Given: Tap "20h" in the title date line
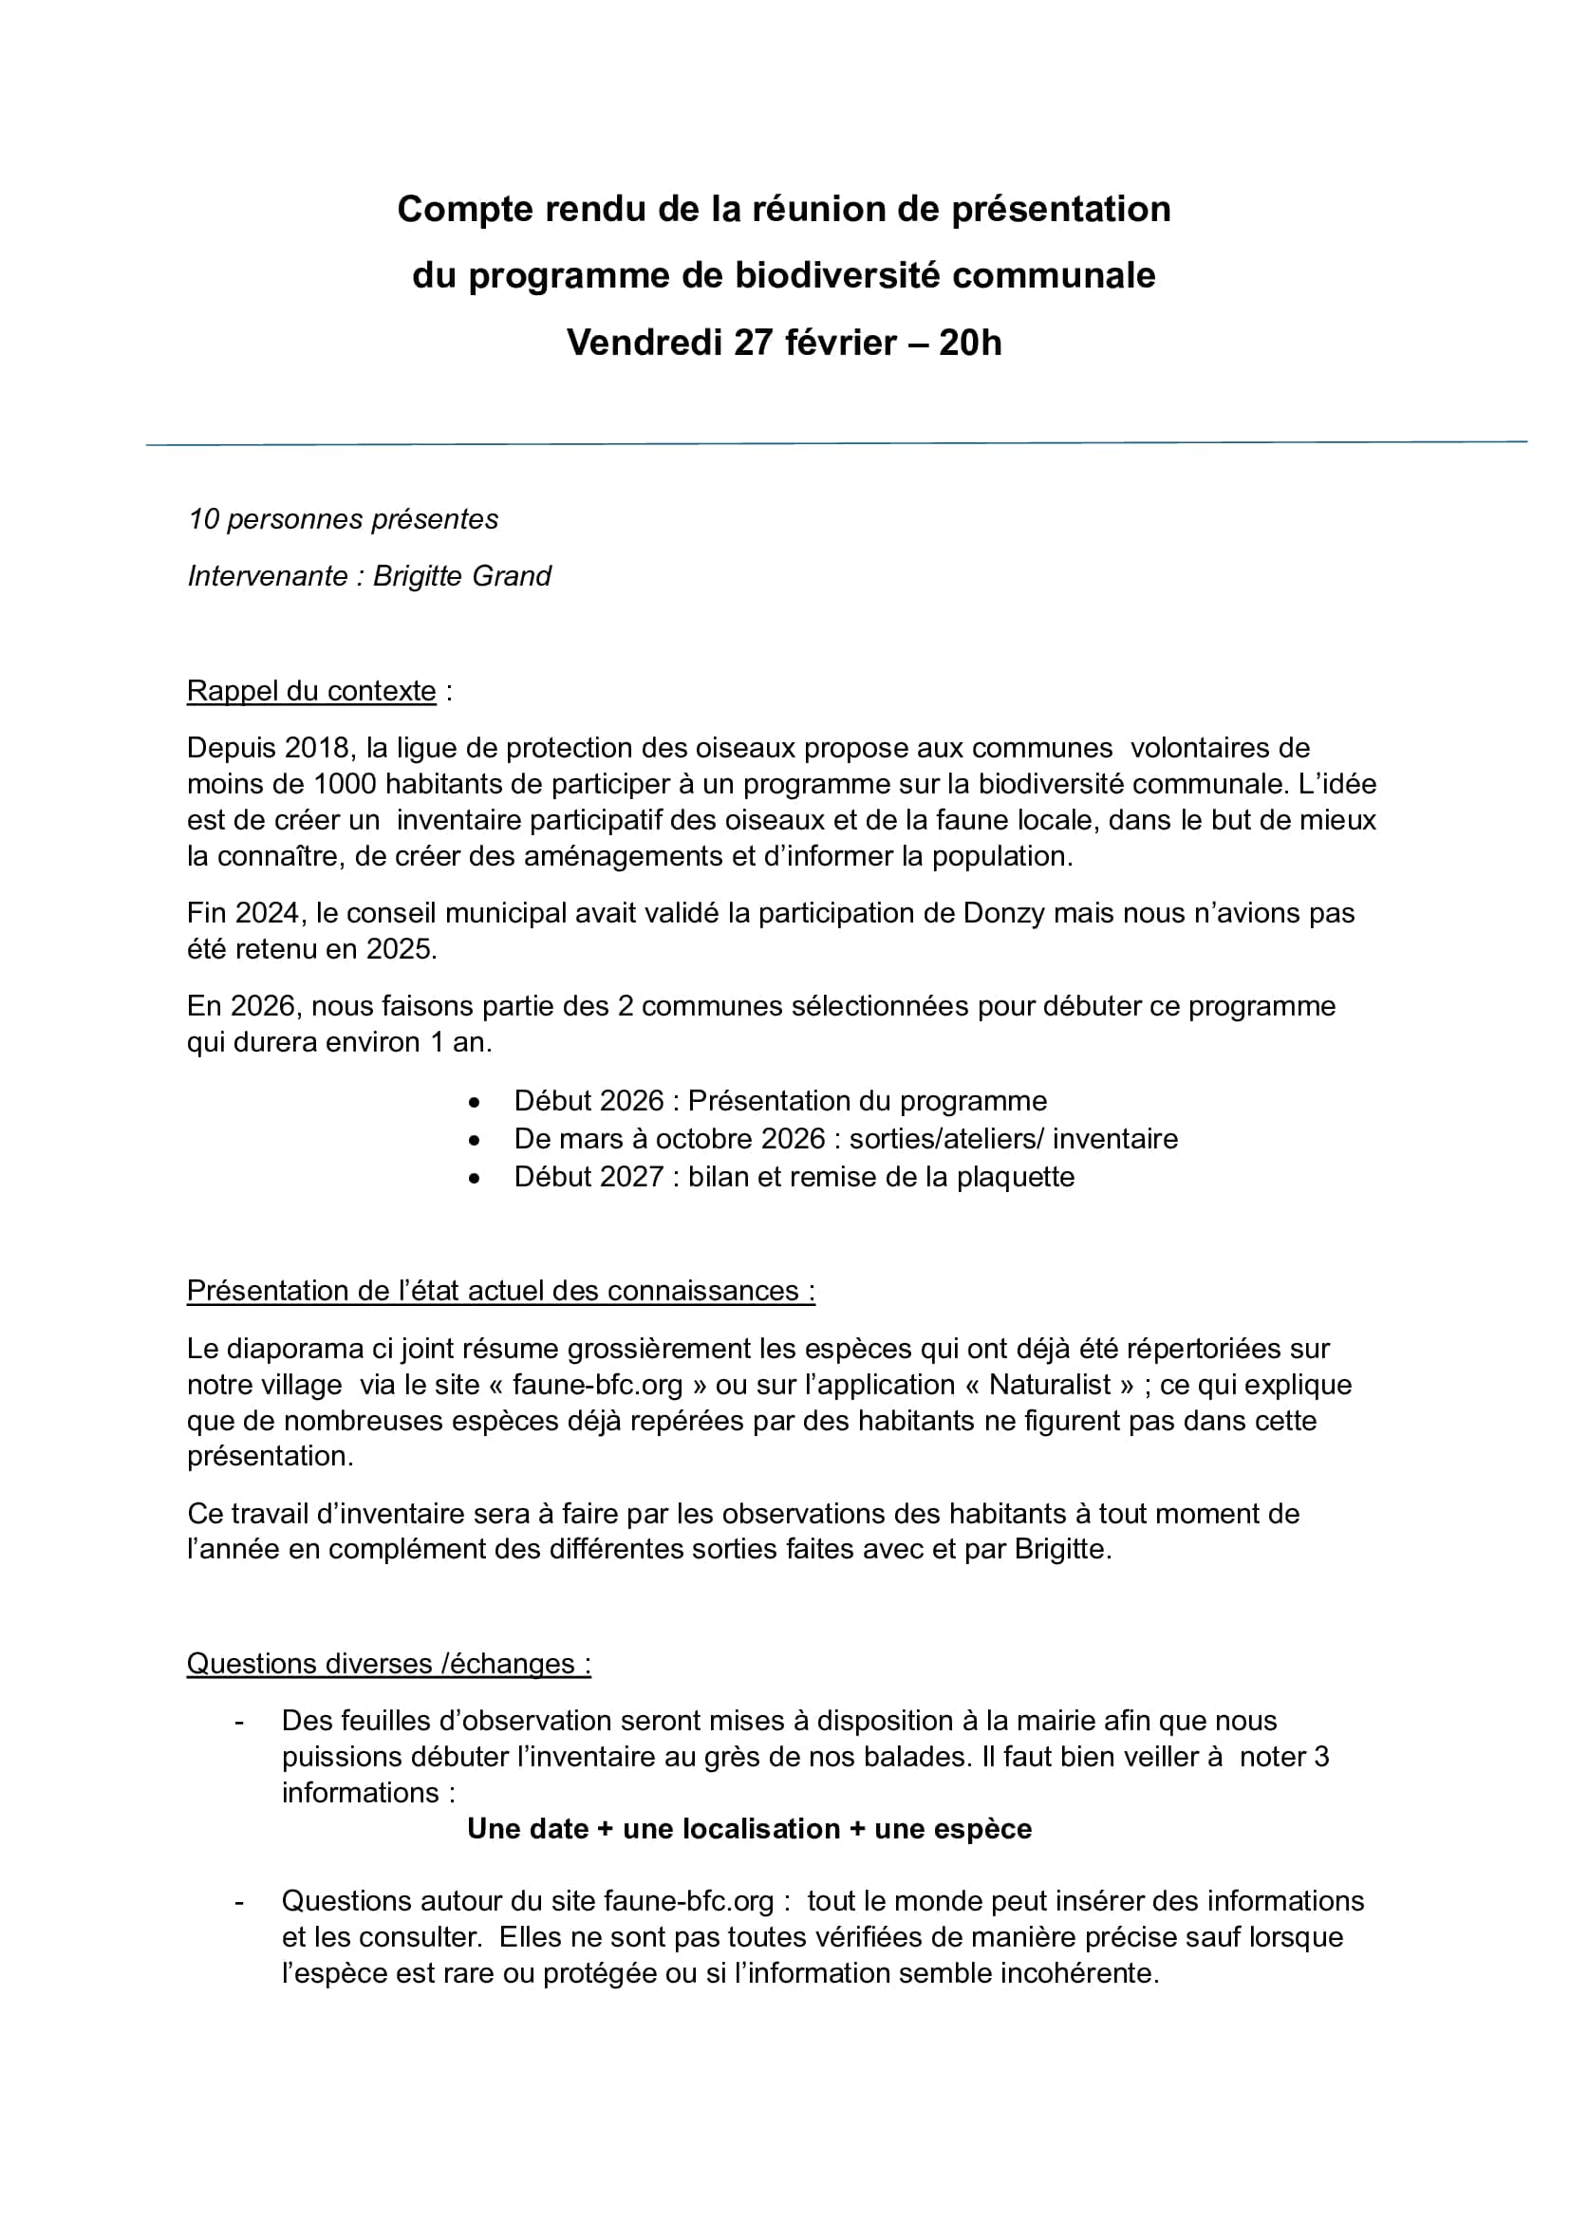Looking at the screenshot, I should point(970,343).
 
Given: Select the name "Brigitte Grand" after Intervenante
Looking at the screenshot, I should point(462,576).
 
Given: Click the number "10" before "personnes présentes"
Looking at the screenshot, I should point(203,519).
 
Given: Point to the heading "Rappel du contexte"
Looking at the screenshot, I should point(311,691).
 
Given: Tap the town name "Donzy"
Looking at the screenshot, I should point(1004,913).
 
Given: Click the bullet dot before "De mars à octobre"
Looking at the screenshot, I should point(474,1141).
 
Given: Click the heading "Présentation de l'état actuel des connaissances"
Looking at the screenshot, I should point(501,1291).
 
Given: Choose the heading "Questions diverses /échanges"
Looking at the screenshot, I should point(388,1663).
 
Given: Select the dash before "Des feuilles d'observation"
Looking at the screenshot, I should point(239,1721).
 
